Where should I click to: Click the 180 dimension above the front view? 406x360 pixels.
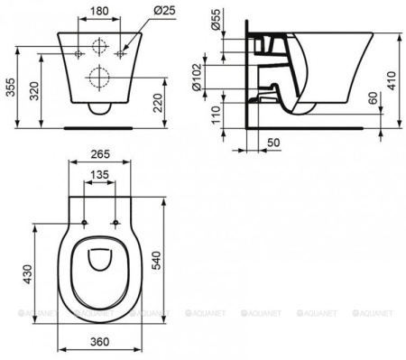tap(100, 12)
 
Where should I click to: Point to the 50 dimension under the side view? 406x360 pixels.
tap(273, 143)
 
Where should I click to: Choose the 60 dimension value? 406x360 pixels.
tap(372, 100)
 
